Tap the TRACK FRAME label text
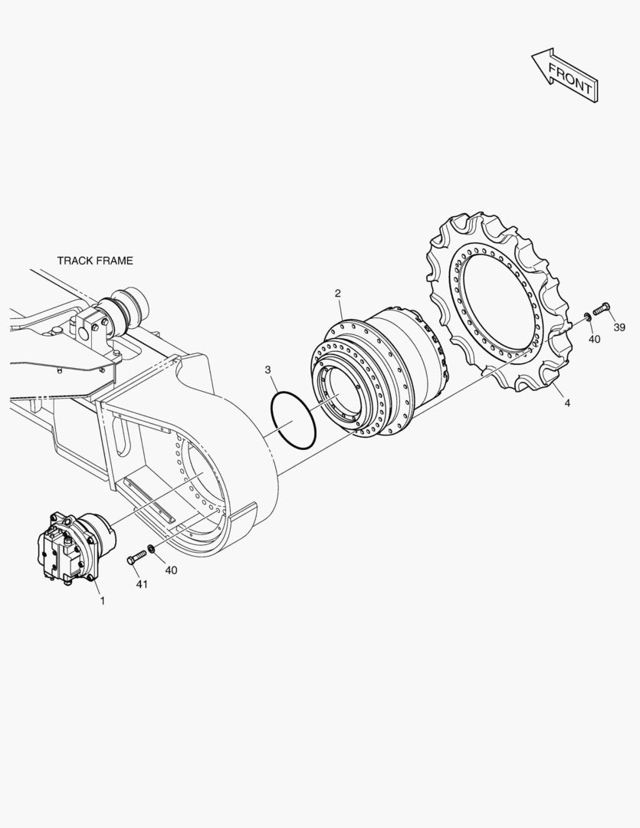tap(95, 261)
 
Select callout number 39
tap(619, 327)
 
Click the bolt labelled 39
tap(602, 309)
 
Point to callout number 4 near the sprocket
tap(567, 403)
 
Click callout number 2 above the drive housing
tap(338, 293)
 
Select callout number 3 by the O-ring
tap(267, 369)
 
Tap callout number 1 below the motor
tap(103, 601)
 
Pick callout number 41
tap(142, 584)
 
